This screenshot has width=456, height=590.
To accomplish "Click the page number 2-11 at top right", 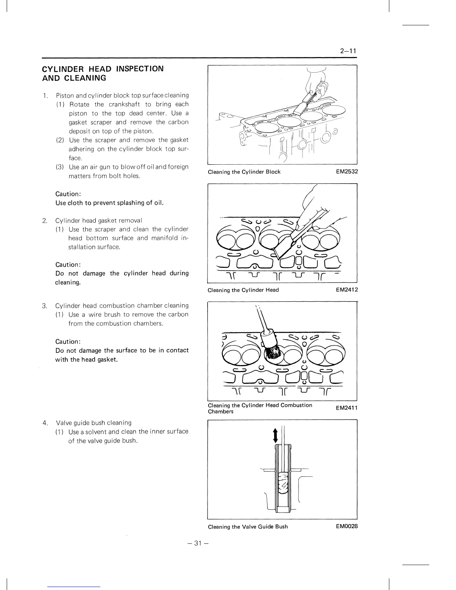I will click(x=348, y=51).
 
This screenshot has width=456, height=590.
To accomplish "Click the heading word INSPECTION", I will click(x=140, y=69).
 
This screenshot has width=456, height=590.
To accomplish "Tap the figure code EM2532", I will click(x=346, y=172).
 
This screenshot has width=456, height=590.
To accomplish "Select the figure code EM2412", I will click(x=346, y=290).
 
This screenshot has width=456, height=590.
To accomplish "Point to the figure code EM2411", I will click(x=346, y=408).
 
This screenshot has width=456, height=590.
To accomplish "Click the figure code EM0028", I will click(x=346, y=526).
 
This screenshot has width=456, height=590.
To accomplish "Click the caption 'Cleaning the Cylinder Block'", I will click(x=244, y=172).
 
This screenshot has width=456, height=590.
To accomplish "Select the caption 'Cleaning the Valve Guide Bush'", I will click(x=248, y=527).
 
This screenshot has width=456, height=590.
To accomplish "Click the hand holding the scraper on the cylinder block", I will click(x=317, y=84).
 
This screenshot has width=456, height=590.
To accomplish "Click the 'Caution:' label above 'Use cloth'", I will click(x=68, y=194).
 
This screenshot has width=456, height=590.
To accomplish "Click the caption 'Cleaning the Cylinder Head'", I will click(x=243, y=290).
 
